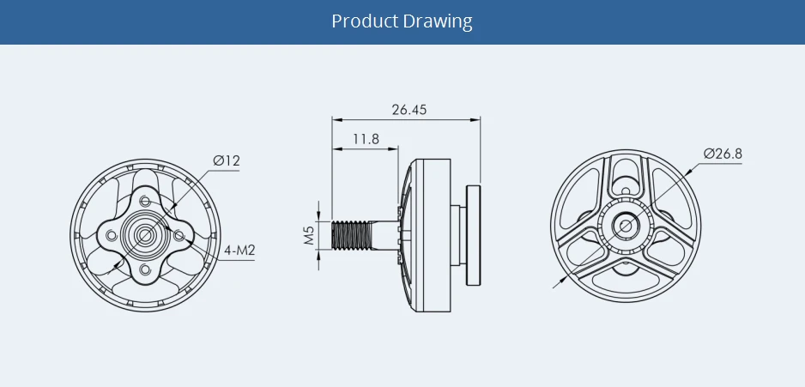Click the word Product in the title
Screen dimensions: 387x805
click(x=365, y=21)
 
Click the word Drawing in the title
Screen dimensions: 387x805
click(x=438, y=21)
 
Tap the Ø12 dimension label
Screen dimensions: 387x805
click(x=227, y=160)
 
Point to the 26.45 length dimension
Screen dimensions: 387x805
click(x=409, y=110)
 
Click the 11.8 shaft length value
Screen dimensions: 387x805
click(x=366, y=138)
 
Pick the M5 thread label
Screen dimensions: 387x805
click(x=309, y=235)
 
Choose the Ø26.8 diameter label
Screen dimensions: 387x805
click(x=723, y=154)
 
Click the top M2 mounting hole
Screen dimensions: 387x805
click(x=145, y=200)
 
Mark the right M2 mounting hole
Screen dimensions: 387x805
click(x=179, y=234)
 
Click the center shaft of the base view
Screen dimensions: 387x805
click(x=144, y=233)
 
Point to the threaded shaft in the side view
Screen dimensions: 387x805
click(x=353, y=234)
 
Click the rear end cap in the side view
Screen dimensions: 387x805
click(x=473, y=234)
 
